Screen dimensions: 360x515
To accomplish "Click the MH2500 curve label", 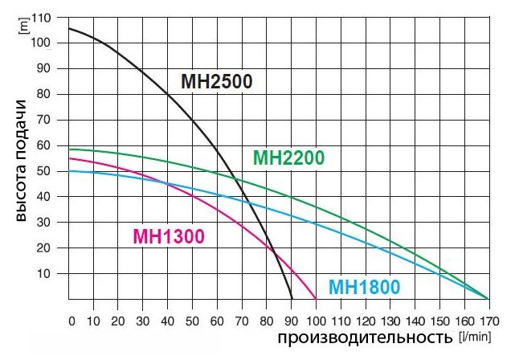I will tap(216, 82).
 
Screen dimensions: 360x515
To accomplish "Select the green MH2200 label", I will tap(288, 157).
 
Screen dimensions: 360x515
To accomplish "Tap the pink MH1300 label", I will tap(169, 236).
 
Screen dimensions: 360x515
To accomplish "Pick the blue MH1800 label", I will tap(364, 288).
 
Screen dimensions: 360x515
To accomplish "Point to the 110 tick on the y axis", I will tap(40, 18).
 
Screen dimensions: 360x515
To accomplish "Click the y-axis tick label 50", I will tap(43, 171).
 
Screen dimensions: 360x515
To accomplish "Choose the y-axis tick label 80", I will tap(43, 94).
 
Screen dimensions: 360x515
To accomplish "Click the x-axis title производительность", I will tap(366, 337).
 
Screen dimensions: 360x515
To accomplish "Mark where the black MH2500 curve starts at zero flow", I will tap(69, 29).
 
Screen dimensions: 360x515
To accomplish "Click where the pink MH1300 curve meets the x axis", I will tap(316, 299).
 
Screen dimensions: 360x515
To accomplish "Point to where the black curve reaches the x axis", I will tap(292, 299).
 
